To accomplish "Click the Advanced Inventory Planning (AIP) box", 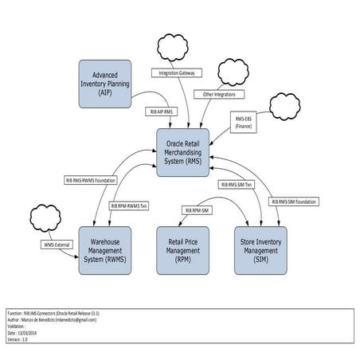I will tap(104, 84).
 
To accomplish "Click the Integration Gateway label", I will tap(178, 72).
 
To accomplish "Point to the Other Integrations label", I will tap(220, 94).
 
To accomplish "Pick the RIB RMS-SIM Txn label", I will tap(236, 184).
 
